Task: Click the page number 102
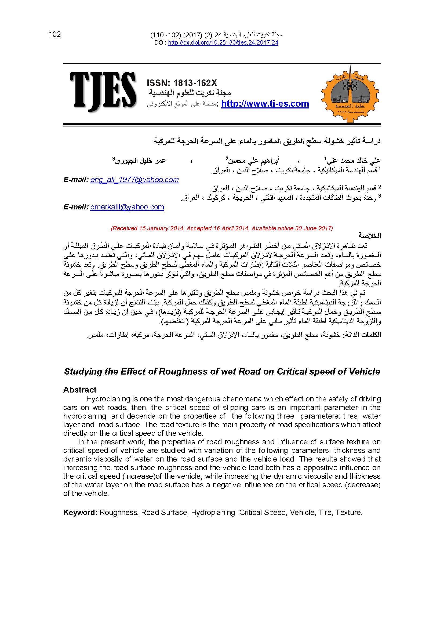tap(55, 34)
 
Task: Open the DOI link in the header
tap(223, 43)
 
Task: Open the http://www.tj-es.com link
tap(265, 104)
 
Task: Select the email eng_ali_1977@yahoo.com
tap(134, 180)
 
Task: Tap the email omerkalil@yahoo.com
tap(127, 207)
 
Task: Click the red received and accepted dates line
tap(222, 228)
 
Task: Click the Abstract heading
tap(80, 390)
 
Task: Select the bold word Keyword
tap(80, 512)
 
